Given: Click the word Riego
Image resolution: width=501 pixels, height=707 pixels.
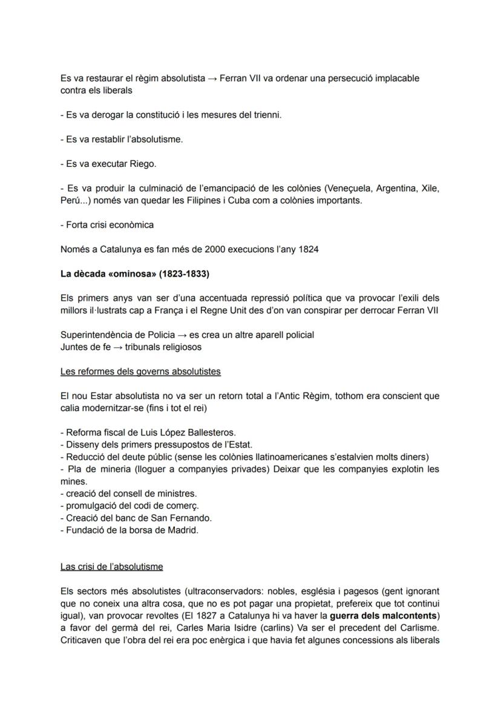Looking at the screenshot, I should [x=143, y=164].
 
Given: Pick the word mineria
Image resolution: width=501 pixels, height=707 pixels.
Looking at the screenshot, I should [x=103, y=469].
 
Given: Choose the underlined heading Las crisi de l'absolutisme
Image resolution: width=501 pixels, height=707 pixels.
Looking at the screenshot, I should [x=111, y=567].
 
